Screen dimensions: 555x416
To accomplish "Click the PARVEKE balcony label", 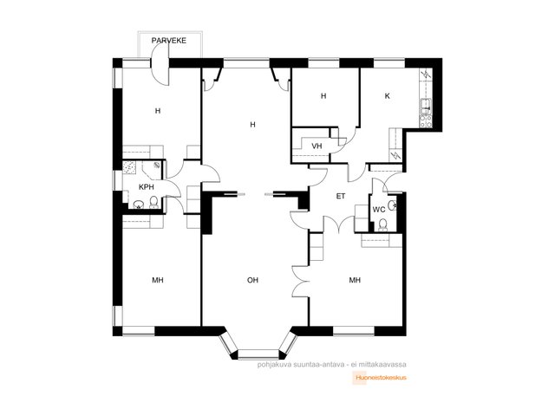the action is (168, 41).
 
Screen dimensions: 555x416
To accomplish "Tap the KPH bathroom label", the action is (147, 187).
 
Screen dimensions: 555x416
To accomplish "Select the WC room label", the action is (379, 210).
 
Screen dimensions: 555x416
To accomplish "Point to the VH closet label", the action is (317, 146).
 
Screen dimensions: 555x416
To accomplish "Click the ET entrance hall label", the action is (341, 196).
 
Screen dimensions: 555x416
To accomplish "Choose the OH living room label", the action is (252, 280).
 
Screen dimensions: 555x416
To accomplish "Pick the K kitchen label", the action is (388, 96).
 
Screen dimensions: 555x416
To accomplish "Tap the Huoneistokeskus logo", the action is (379, 378).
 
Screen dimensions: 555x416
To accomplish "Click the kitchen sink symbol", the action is (426, 104).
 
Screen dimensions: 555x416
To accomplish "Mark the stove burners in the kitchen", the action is (426, 120).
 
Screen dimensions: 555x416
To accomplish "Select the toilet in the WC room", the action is (382, 225).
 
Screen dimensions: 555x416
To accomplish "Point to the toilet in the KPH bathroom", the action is (153, 203).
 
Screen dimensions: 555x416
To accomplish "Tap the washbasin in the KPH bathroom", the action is (138, 205).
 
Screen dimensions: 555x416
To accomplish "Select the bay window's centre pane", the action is (258, 354).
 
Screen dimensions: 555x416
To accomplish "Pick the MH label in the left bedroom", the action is (158, 280).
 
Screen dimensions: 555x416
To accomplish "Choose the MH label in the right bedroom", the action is (355, 280).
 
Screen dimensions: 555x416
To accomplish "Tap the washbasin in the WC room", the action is (391, 205).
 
